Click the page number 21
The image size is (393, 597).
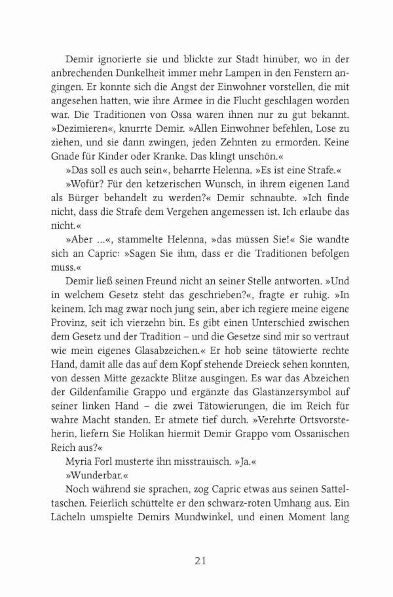click(x=201, y=561)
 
